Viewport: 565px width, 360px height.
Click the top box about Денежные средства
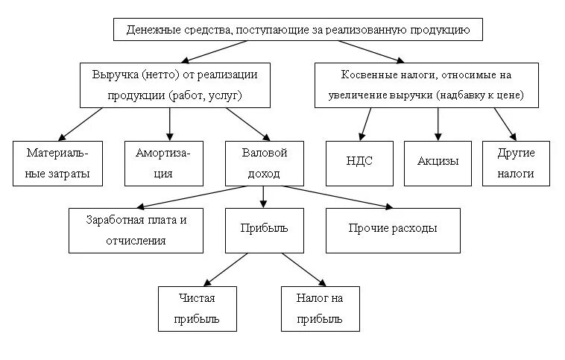click(x=298, y=30)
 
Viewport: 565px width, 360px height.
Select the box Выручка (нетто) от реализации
click(x=174, y=85)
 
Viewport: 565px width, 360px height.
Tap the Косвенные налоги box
click(x=426, y=85)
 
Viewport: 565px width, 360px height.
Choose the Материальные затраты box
click(x=58, y=163)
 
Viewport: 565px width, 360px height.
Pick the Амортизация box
click(x=163, y=163)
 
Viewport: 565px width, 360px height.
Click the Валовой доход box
click(x=264, y=163)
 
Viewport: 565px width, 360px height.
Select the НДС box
click(x=359, y=163)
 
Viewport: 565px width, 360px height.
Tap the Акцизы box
click(x=438, y=163)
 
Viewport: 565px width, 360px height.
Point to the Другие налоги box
click(x=516, y=163)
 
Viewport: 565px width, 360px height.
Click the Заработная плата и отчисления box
click(x=136, y=230)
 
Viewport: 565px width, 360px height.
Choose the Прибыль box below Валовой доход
click(x=264, y=230)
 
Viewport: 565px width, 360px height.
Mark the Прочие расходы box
click(x=393, y=230)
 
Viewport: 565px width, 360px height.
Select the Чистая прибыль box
click(x=197, y=308)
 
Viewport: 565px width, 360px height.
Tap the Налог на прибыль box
click(x=320, y=308)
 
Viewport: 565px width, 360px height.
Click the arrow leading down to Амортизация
click(x=170, y=124)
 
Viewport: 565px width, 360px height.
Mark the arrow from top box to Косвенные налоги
click(x=365, y=51)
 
